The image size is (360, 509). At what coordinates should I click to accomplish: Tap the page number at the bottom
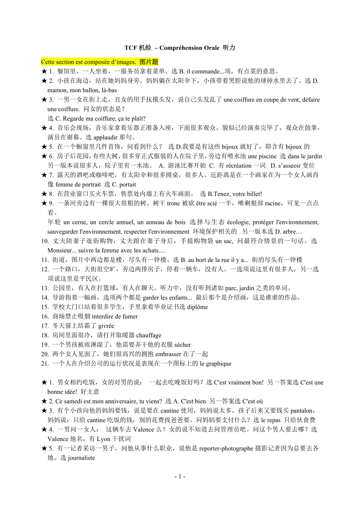coord(180,477)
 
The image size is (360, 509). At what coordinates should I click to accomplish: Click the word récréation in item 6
coord(239,166)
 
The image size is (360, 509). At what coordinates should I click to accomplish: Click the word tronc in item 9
coord(173,203)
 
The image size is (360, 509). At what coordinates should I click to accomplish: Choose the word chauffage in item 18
coord(149,335)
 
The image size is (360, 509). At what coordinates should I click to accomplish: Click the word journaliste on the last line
coord(81,458)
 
